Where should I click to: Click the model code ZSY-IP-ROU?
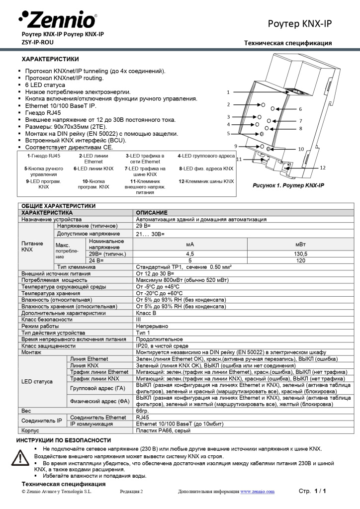pos(38,43)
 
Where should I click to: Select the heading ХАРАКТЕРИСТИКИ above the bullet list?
pos(50,59)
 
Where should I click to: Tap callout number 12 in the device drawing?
pos(323,168)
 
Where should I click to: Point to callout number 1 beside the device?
pos(228,92)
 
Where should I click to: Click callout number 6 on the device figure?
pos(300,108)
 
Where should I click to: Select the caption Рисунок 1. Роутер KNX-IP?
pos(288,185)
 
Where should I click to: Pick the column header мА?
pos(190,244)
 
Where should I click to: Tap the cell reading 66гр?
pos(143,411)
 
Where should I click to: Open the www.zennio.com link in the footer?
pos(257,492)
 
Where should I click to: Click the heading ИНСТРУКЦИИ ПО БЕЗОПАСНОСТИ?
pos(64,440)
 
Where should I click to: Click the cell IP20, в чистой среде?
pos(162,345)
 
